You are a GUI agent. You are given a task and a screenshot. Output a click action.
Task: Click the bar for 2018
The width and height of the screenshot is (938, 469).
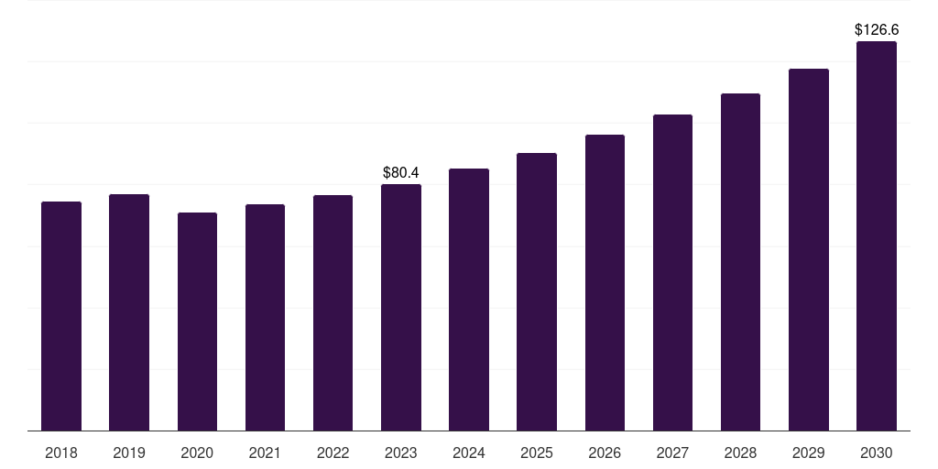pos(61,316)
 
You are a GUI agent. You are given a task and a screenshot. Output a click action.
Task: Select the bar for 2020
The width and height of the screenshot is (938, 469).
pos(198,322)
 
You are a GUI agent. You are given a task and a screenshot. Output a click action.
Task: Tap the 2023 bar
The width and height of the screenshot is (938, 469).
pos(401,308)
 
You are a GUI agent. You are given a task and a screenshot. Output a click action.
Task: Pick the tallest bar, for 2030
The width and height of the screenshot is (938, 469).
pos(877,235)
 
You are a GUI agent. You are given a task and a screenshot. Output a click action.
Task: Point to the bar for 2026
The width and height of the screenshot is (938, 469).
pos(605,282)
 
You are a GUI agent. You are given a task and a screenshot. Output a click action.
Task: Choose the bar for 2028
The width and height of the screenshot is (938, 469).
pos(740,262)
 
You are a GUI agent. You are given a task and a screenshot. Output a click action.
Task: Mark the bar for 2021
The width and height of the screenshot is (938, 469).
pos(265,318)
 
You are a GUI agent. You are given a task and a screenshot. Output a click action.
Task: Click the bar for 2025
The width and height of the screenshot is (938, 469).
pos(537,292)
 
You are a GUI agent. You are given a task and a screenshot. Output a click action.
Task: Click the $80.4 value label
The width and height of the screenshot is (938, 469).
pos(401,173)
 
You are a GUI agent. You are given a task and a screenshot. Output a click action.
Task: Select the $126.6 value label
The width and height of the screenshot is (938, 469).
pos(877,30)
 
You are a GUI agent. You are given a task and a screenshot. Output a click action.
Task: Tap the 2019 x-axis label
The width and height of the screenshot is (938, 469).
pos(129,453)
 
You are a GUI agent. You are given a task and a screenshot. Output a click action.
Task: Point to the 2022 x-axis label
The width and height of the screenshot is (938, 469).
pos(333,453)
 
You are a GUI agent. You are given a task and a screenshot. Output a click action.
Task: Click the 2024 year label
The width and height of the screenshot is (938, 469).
pos(469,453)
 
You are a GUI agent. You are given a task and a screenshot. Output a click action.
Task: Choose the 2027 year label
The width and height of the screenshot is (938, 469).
pos(672,453)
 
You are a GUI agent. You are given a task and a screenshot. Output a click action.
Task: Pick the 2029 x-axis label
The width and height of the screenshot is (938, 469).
pos(808,453)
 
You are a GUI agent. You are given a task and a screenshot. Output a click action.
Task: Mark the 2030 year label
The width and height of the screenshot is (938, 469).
pos(877,453)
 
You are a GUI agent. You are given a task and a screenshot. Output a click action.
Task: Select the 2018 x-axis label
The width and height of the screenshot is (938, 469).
pos(61,453)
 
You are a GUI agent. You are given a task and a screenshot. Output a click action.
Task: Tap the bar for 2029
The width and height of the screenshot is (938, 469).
pos(809,249)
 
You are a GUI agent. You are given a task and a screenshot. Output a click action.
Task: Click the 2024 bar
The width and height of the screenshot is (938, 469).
pos(469,300)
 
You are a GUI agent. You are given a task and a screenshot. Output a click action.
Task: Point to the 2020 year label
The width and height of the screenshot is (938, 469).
pos(197,453)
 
